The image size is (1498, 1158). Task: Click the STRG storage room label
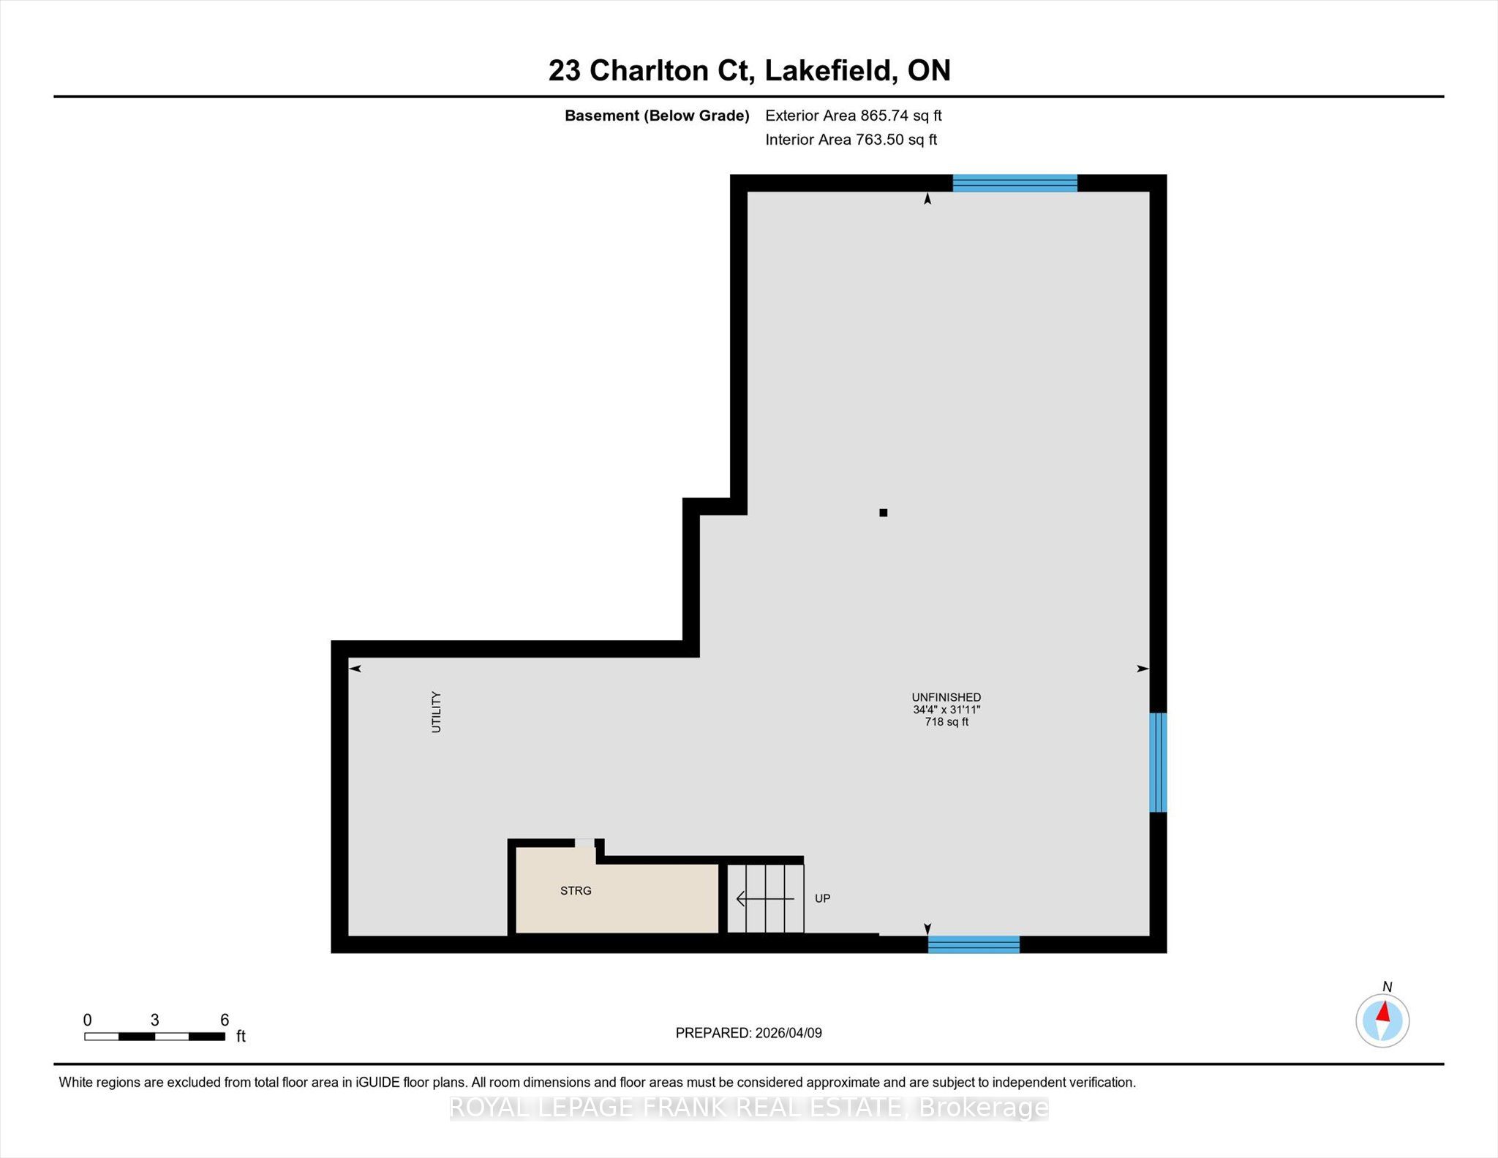(576, 890)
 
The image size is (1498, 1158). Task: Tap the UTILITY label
(436, 712)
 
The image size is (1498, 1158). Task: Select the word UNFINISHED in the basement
(946, 697)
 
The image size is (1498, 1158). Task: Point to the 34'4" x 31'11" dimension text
(946, 710)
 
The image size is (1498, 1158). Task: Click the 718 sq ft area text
(946, 722)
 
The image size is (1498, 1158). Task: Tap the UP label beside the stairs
(822, 898)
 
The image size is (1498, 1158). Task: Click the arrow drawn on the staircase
(764, 898)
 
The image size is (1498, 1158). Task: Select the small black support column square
(884, 513)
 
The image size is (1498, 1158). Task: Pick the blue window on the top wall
(1015, 183)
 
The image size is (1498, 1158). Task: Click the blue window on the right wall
(1158, 762)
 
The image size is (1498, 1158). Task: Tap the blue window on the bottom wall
(974, 944)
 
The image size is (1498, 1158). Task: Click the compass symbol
(1382, 1020)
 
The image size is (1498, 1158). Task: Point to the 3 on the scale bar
(154, 1020)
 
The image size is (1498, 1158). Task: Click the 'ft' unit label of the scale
(241, 1037)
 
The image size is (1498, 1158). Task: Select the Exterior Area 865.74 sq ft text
(853, 116)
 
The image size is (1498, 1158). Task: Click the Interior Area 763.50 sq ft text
(851, 140)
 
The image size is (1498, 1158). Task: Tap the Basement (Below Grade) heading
(657, 116)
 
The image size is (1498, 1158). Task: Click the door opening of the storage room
(584, 843)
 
